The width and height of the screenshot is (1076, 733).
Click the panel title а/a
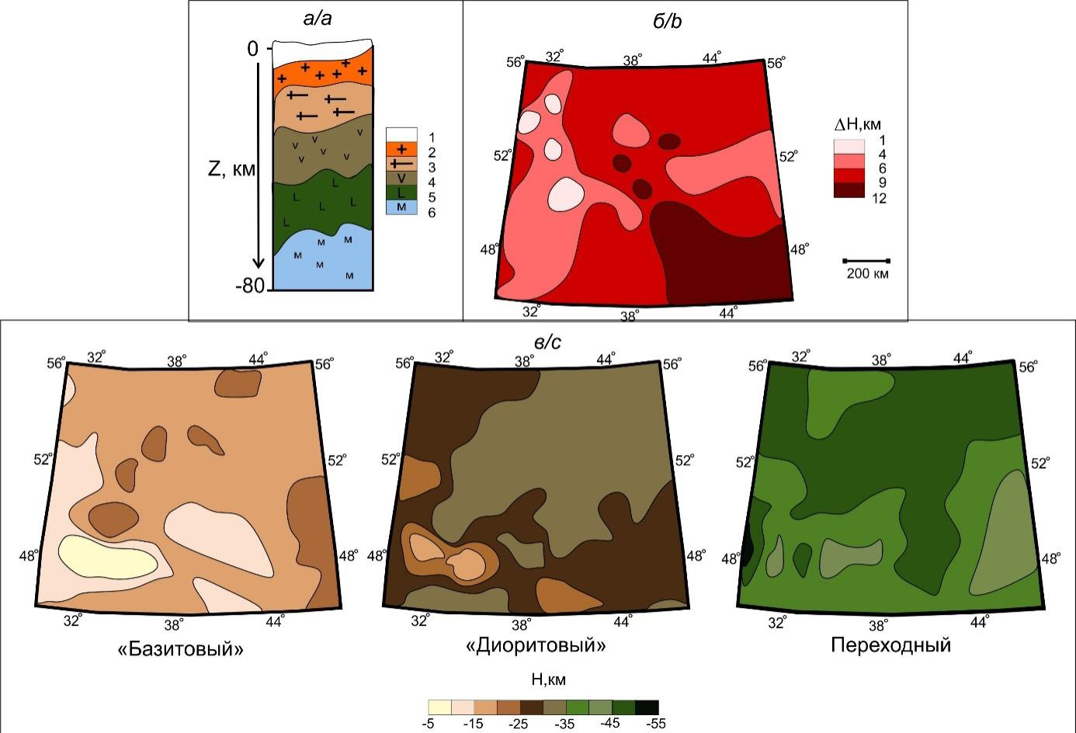[318, 19]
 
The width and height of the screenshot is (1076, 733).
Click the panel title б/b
[667, 21]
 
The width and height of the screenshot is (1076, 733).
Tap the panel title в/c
[547, 342]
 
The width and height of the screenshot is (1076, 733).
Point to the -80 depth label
[250, 286]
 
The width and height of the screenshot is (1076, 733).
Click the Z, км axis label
[231, 169]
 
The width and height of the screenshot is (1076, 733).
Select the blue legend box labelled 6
[401, 207]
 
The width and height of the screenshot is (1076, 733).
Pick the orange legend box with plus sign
[401, 149]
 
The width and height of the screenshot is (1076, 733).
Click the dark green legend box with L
[401, 193]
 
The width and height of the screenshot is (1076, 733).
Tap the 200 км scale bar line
[866, 261]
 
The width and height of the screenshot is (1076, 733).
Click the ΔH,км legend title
[857, 124]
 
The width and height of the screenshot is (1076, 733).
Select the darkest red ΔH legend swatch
[849, 189]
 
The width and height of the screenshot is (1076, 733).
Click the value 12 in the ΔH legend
[879, 198]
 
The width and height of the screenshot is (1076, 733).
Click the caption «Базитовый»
[181, 649]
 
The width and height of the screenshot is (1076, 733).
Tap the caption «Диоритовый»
[536, 644]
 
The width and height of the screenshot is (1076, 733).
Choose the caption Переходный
[891, 645]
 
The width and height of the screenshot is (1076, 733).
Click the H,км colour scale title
[549, 679]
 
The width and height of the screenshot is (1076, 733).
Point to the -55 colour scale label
[655, 724]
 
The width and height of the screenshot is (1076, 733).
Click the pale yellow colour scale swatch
[440, 707]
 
